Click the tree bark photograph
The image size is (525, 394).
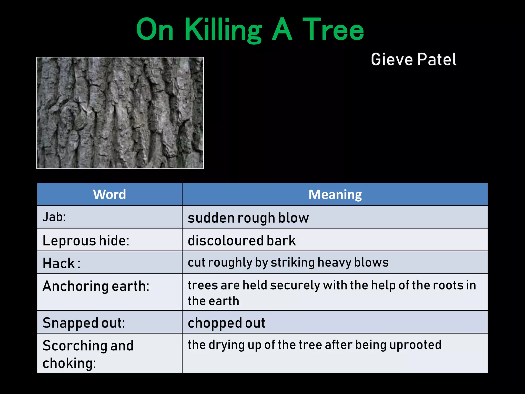coord(120,113)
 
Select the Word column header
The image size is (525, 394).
coord(109,194)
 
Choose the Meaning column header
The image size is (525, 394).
coord(335,194)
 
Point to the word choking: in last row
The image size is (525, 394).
coord(69,363)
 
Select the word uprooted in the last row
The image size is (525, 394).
coord(415,345)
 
